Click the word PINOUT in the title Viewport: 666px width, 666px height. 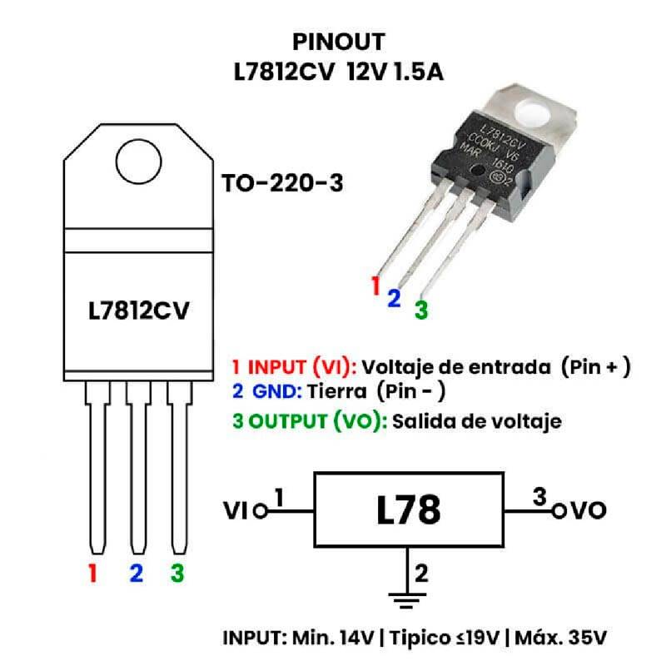[x=340, y=42]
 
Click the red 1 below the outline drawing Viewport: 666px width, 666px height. [x=94, y=573]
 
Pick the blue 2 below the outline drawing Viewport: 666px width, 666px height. [x=137, y=573]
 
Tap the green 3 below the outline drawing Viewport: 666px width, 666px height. [x=176, y=573]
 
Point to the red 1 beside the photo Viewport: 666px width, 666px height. [x=375, y=286]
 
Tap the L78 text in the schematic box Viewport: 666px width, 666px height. [x=408, y=509]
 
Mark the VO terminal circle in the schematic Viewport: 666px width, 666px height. [x=559, y=510]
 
